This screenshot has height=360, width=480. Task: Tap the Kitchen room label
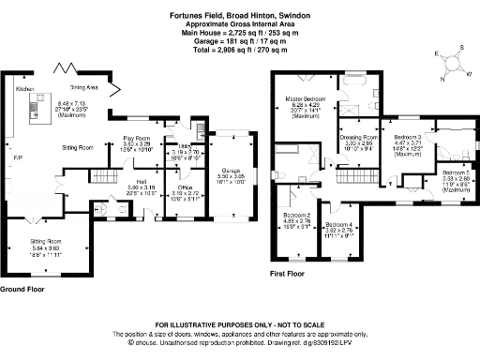coord(24,88)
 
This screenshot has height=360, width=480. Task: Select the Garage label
coord(230,170)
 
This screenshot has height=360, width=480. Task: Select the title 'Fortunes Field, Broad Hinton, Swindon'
coord(239,15)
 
